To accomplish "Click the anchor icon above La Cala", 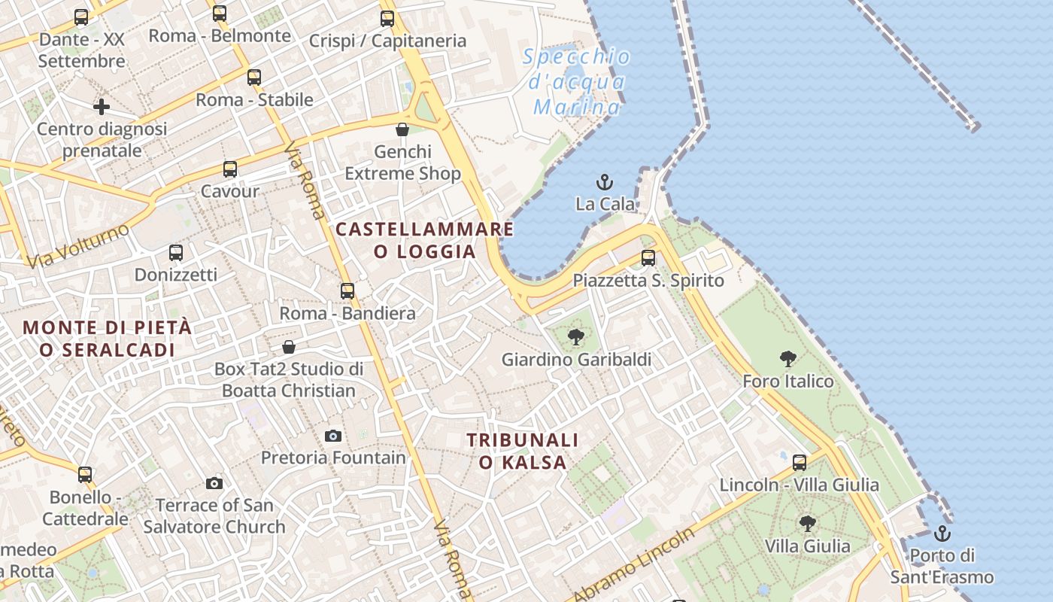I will pos(604,182).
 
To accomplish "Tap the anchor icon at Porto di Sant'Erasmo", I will pos(942,534).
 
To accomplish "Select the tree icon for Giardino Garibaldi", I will pos(576,337).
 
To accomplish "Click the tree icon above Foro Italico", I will pos(787,359).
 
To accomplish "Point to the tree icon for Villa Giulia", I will pos(807,523).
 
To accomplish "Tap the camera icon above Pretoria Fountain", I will pos(333,436).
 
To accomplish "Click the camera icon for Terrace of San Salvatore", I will pos(214,483).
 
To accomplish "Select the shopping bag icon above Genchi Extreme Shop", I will pos(402,129).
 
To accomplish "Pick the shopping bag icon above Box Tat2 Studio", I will pos(289,347).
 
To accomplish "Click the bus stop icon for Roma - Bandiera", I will pos(347,290).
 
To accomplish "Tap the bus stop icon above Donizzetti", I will pos(175,253).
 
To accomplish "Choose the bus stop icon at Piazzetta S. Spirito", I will pos(648,258).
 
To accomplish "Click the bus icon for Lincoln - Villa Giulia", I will pos(800,463).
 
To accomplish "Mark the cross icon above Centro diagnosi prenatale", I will pos(102,107).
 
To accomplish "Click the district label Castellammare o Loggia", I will pos(425,240).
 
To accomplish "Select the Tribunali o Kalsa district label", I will pos(522,451).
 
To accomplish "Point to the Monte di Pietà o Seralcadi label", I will pos(107,339).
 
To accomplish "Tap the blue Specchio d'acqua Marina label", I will pos(578,81).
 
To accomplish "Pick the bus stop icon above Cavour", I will pos(230,169).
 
